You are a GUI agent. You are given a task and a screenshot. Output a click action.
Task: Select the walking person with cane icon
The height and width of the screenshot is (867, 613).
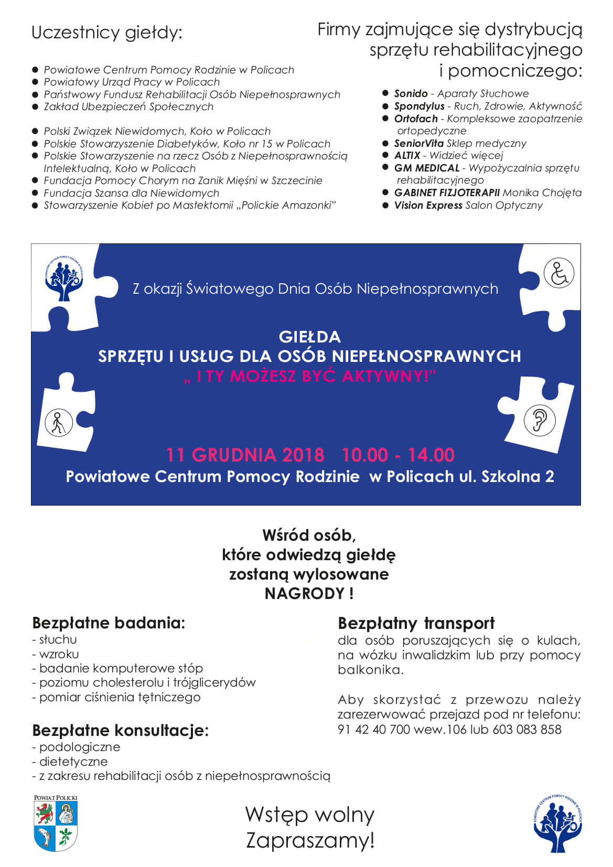[58, 423]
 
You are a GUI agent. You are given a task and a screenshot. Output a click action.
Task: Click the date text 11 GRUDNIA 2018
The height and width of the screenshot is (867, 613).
[245, 455]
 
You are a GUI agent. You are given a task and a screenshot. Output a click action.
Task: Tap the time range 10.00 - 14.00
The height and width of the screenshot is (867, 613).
[398, 455]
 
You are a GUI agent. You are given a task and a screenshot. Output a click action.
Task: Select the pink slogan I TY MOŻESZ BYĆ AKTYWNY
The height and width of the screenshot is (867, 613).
[310, 376]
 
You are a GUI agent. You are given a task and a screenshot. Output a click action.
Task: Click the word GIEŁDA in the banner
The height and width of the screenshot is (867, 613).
[310, 337]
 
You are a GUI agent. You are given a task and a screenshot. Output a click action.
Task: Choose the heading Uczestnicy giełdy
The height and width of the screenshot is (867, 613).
[107, 33]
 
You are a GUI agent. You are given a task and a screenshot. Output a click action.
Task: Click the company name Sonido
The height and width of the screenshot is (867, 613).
[411, 94]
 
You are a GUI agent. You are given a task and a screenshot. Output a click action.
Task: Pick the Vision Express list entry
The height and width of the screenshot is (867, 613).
[428, 206]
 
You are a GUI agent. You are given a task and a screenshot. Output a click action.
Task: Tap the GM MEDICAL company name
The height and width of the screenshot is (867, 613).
[427, 168]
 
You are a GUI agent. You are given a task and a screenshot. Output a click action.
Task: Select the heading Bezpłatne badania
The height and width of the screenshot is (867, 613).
[109, 623]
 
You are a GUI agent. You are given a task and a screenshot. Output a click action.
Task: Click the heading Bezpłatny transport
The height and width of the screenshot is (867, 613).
[416, 623]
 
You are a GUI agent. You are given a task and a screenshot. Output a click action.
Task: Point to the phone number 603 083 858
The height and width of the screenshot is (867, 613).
[526, 730]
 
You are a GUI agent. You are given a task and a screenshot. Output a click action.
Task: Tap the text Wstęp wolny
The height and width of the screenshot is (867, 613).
[310, 815]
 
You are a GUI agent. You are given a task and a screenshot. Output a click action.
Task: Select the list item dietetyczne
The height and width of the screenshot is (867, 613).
[73, 762]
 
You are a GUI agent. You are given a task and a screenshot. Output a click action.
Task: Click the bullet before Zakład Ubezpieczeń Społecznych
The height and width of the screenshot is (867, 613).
[35, 106]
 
